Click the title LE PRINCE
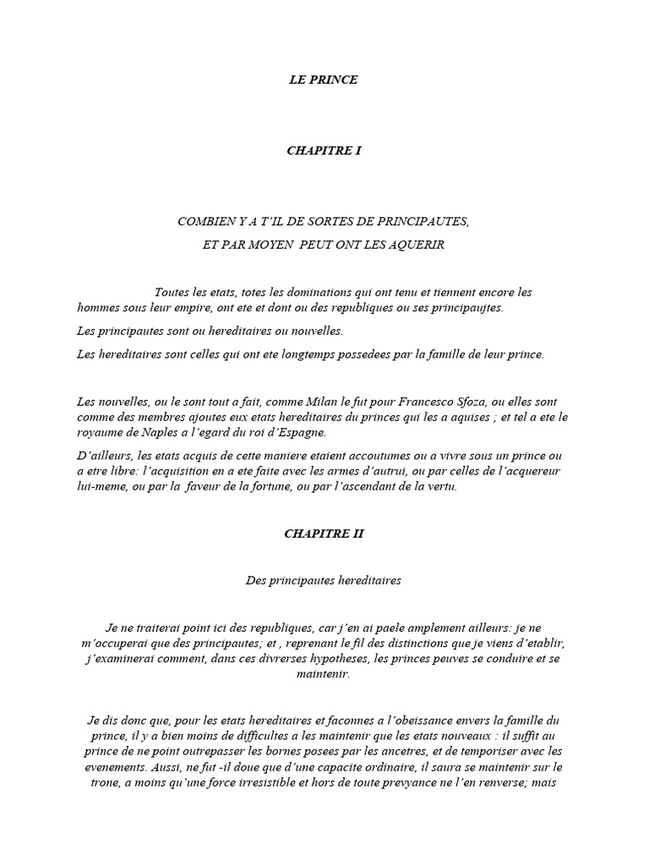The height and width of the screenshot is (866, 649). (x=324, y=80)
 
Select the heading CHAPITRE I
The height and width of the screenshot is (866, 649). (x=324, y=151)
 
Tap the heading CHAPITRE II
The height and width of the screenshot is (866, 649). (x=324, y=534)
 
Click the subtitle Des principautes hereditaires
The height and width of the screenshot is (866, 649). (x=324, y=581)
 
